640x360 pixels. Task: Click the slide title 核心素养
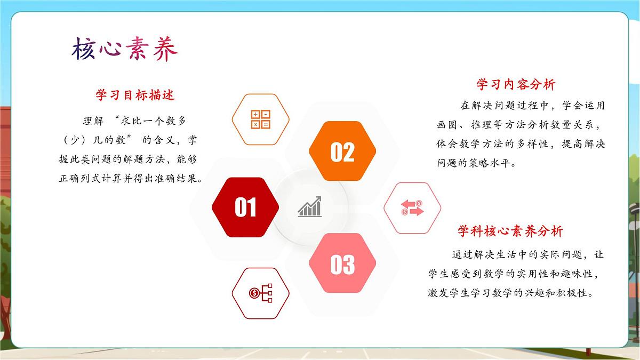pyautogui.click(x=124, y=50)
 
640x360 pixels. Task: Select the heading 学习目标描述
pyautogui.click(x=135, y=95)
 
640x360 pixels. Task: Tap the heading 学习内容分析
pyautogui.click(x=516, y=84)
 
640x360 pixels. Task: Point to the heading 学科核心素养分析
pyautogui.click(x=510, y=231)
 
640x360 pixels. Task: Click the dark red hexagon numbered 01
pyautogui.click(x=245, y=207)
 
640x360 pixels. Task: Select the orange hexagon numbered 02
pyautogui.click(x=342, y=152)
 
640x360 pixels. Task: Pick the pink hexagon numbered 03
pyautogui.click(x=342, y=264)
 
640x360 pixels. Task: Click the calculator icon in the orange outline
pyautogui.click(x=261, y=119)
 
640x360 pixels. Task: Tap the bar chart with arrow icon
pyautogui.click(x=310, y=207)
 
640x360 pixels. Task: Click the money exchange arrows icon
pyautogui.click(x=412, y=208)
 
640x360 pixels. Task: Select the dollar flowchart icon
pyautogui.click(x=261, y=293)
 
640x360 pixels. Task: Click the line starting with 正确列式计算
pyautogui.click(x=131, y=179)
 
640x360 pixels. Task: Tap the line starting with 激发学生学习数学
pyautogui.click(x=511, y=293)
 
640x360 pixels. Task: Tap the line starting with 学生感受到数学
pyautogui.click(x=516, y=274)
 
